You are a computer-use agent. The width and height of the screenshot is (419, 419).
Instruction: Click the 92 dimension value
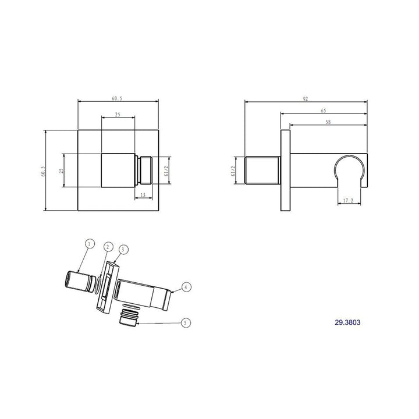(x=306, y=98)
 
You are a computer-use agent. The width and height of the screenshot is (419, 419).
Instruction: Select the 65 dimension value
(x=324, y=111)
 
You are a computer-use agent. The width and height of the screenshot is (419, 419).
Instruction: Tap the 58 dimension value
(x=328, y=122)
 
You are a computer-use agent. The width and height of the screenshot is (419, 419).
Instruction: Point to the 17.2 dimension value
(x=348, y=200)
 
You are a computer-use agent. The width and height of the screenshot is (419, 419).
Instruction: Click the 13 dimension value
(x=143, y=195)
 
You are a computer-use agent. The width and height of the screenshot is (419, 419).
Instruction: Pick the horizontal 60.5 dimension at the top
(x=117, y=98)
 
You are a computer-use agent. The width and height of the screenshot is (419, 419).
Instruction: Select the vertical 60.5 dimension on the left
(x=43, y=171)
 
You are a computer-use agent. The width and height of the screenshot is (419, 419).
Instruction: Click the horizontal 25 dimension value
(x=118, y=115)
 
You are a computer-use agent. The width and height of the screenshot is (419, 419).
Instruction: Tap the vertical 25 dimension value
(x=61, y=171)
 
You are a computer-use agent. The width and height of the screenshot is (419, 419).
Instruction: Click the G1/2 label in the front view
(x=166, y=171)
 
